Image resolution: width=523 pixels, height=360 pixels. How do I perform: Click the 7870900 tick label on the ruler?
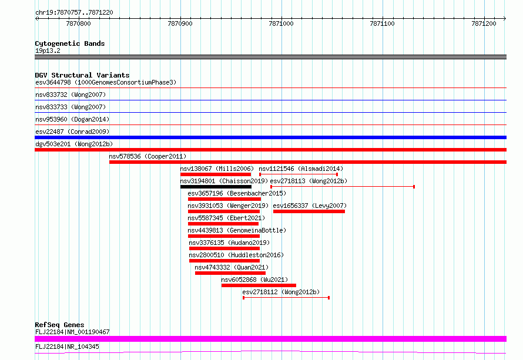click(180, 23)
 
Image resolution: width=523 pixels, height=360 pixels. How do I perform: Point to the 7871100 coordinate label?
click(382, 23)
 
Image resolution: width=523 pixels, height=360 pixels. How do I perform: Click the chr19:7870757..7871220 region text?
click(75, 13)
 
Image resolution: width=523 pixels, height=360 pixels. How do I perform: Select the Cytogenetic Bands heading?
click(70, 43)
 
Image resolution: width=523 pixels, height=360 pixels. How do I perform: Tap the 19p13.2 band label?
click(48, 51)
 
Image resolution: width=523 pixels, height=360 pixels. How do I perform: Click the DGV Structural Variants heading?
click(82, 75)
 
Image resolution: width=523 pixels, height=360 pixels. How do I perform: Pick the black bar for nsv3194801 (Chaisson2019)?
click(216, 187)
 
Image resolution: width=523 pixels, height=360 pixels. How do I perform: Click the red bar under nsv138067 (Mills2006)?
click(216, 174)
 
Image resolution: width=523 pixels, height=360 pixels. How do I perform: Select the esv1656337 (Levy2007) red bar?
click(309, 211)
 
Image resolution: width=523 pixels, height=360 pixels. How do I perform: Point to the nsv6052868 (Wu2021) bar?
click(259, 285)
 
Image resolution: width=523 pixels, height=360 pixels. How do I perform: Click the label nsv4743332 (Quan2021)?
click(232, 267)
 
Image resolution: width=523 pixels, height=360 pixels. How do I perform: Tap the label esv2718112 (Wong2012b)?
click(281, 292)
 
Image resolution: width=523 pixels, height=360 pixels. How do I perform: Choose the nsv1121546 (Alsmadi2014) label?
click(301, 169)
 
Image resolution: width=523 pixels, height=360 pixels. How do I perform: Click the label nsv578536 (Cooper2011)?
click(147, 156)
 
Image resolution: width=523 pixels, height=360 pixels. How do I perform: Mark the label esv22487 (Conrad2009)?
click(72, 132)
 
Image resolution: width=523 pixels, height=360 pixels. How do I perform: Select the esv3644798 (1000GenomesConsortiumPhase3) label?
click(106, 82)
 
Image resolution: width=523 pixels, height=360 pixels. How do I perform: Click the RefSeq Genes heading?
click(59, 325)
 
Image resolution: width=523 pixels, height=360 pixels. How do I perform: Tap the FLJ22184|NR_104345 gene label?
click(67, 346)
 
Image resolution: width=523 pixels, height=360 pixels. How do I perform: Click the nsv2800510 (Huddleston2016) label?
click(236, 255)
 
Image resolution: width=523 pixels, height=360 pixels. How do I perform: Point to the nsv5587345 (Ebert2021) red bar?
click(223, 224)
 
